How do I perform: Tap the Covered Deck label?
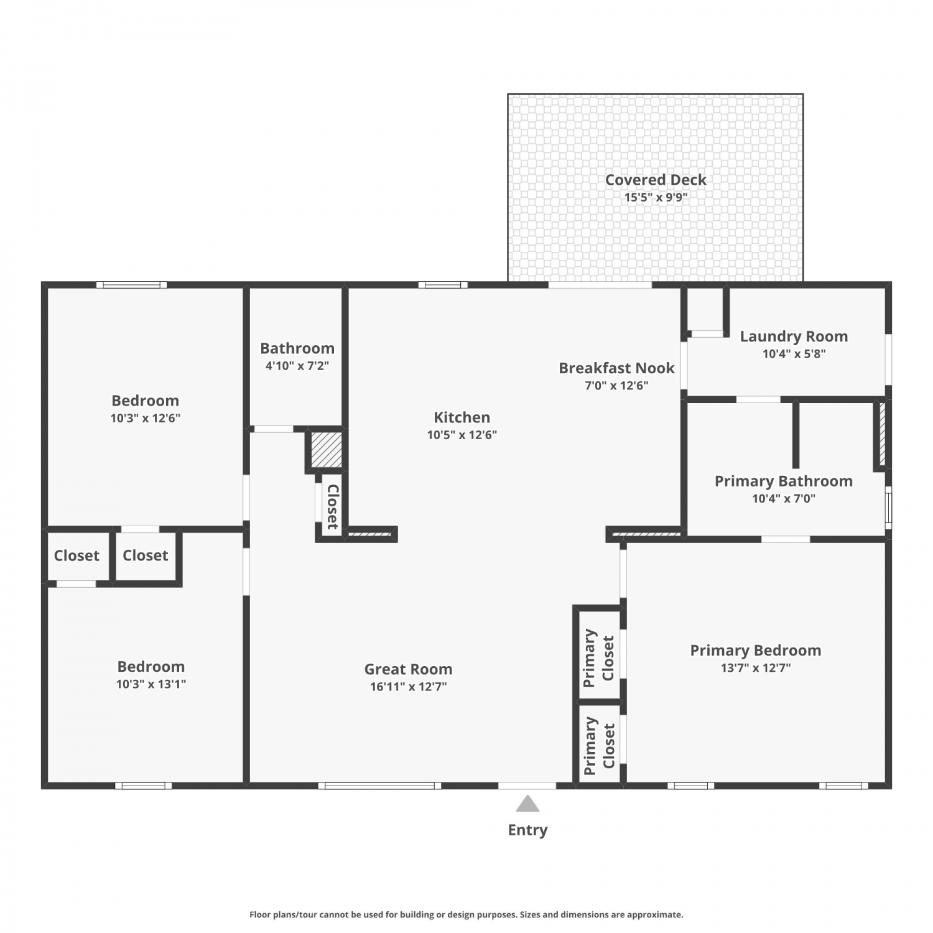coord(656,180)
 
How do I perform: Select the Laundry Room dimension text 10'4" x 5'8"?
coord(794,354)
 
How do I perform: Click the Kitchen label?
coord(462,417)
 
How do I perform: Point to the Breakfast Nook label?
coord(616,368)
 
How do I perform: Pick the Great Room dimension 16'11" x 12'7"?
coord(408,687)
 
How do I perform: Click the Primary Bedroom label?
coord(756,651)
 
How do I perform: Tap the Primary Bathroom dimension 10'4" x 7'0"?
coord(784,498)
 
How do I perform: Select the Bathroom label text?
coord(297,348)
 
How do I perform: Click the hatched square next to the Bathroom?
coord(327,450)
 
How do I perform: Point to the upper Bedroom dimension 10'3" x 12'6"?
coord(146,418)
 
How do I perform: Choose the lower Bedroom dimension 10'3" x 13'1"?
coord(151,684)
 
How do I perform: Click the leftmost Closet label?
coord(77,555)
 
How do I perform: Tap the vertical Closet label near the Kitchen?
coord(333,507)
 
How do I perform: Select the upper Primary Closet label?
coord(599,658)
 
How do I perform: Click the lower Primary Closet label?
coord(599,746)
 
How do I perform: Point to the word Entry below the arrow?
coord(527,830)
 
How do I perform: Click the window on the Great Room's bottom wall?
coord(379,786)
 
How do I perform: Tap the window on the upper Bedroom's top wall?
coord(132,285)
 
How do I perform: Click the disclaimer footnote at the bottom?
coord(466,914)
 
